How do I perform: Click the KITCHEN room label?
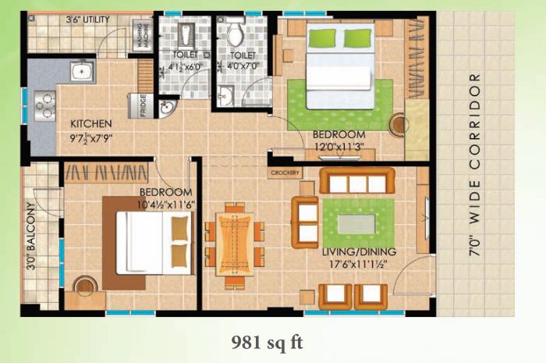coord(91,123)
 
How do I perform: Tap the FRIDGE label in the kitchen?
coord(143,105)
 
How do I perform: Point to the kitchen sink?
coord(81,73)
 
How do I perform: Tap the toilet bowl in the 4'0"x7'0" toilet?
coord(236,33)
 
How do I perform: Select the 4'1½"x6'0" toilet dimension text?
coord(185,67)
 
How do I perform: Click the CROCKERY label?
coord(285,173)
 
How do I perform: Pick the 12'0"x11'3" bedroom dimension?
coord(340,146)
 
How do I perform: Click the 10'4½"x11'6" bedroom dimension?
coord(165,205)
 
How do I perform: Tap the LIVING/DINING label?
coord(359,251)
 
